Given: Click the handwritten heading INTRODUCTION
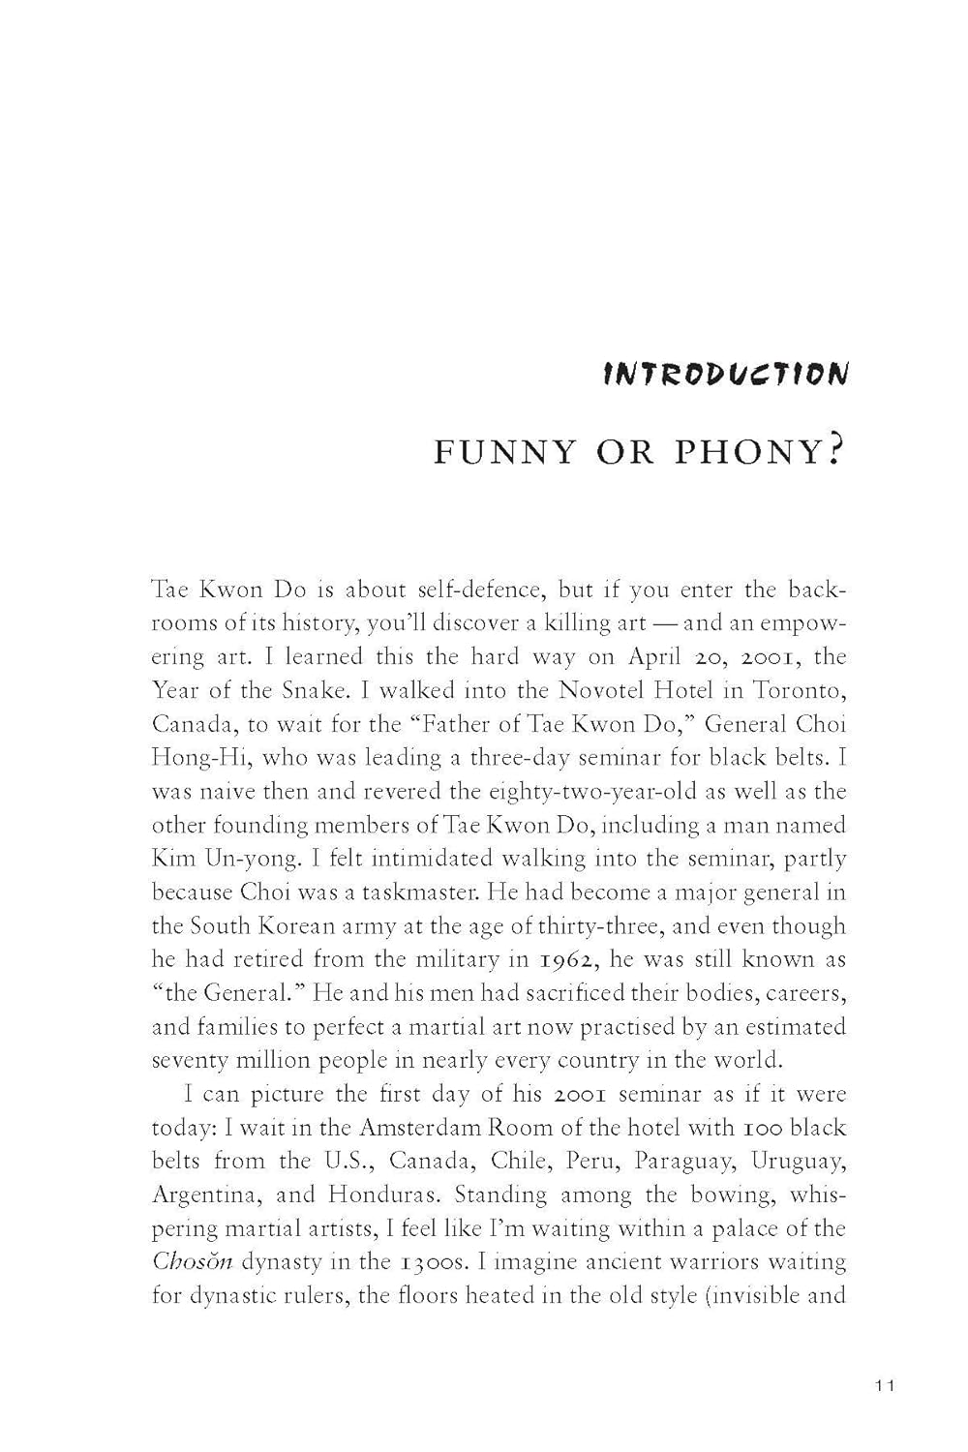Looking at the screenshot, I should click(x=725, y=374).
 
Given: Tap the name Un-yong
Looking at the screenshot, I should click(x=254, y=859).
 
